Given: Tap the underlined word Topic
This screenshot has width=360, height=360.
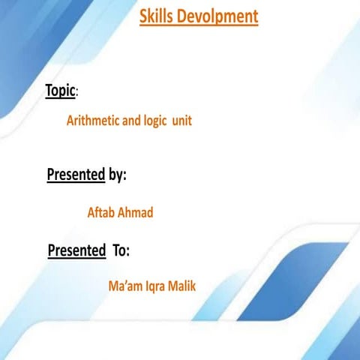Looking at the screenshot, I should [x=60, y=90].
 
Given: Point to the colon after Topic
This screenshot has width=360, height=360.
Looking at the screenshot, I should [x=77, y=93].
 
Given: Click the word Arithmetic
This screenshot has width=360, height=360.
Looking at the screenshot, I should [x=94, y=120].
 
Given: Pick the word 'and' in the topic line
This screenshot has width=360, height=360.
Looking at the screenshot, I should [x=132, y=120].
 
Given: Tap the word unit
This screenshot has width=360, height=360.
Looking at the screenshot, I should [x=181, y=120].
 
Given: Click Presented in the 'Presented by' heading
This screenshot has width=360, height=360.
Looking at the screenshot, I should [x=76, y=175].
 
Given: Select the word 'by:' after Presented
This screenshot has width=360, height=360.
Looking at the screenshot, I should [x=117, y=175].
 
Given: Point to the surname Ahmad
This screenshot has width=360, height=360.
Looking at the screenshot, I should [x=136, y=213].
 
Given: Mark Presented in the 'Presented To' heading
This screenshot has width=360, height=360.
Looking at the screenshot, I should [x=76, y=250].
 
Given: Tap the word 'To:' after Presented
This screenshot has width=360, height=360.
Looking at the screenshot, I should [x=121, y=250].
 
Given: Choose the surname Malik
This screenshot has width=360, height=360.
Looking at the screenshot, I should [x=182, y=286].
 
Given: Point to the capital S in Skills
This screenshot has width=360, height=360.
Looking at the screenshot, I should [x=143, y=16].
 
